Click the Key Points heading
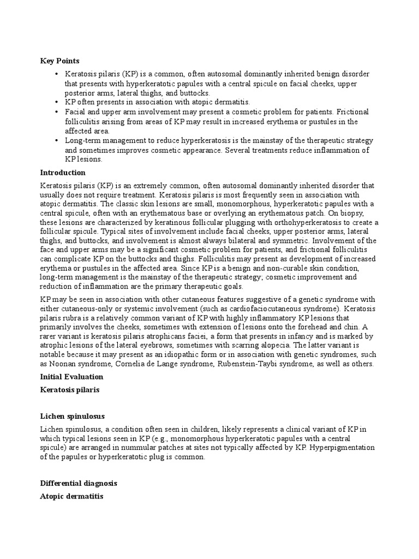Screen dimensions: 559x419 coord(59,61)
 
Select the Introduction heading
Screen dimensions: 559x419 coord(63,173)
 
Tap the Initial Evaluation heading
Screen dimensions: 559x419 coord(71,377)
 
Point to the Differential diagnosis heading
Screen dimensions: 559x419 coord(79,484)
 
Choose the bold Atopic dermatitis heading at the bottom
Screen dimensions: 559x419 coord(71,497)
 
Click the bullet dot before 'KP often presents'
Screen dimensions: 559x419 coord(57,102)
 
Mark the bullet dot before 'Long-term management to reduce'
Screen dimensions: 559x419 coord(57,141)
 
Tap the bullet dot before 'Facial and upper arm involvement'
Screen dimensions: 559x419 coord(57,112)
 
